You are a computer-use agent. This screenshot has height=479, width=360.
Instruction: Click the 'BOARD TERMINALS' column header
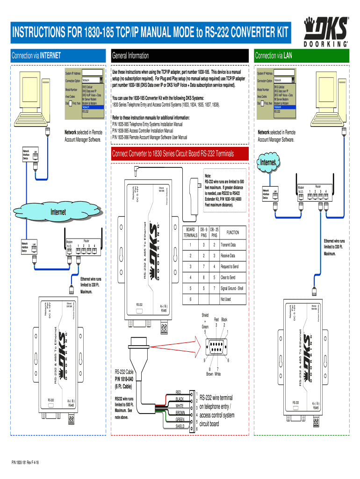(190, 232)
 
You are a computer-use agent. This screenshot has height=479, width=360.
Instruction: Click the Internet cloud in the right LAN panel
(268, 163)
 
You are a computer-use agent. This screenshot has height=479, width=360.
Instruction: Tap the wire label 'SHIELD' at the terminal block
(180, 427)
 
